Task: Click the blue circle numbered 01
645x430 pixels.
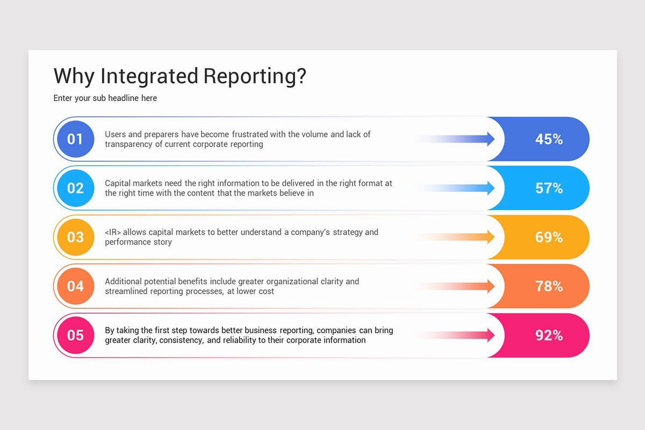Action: pyautogui.click(x=75, y=139)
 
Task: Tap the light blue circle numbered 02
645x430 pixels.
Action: pyautogui.click(x=75, y=188)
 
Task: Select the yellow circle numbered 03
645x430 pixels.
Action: pyautogui.click(x=75, y=237)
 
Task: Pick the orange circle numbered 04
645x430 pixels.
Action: pyautogui.click(x=75, y=286)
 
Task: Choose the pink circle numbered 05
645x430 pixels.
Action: pyautogui.click(x=75, y=335)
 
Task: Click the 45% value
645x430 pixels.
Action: pyautogui.click(x=549, y=139)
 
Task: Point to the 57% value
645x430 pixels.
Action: pyautogui.click(x=549, y=188)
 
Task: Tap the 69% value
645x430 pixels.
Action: pyautogui.click(x=549, y=237)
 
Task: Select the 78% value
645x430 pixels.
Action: pyautogui.click(x=549, y=286)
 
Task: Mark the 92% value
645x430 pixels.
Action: pyautogui.click(x=549, y=335)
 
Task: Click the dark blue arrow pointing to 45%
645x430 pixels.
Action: pyautogui.click(x=473, y=139)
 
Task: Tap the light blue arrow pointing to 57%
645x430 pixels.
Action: pyautogui.click(x=473, y=188)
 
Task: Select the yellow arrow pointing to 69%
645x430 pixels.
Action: pyautogui.click(x=473, y=237)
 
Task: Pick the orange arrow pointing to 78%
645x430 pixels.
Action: pyautogui.click(x=473, y=286)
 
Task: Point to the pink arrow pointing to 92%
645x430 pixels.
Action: pyautogui.click(x=473, y=335)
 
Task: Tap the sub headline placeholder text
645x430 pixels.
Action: pyautogui.click(x=105, y=98)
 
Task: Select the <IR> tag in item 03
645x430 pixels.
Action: pyautogui.click(x=113, y=232)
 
